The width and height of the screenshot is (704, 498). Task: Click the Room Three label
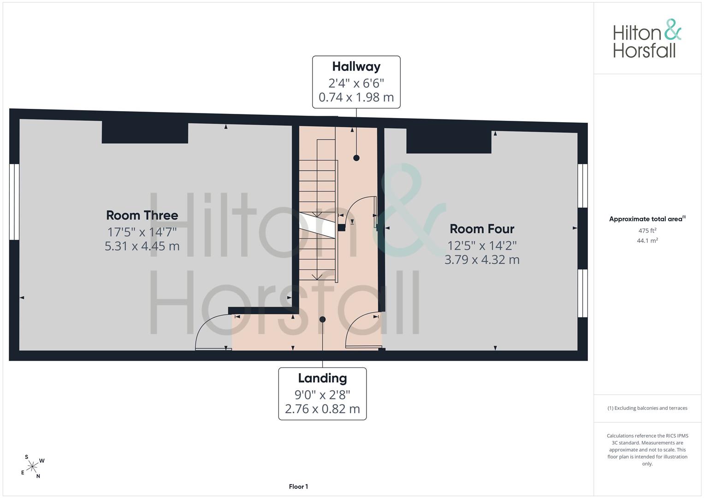(x=142, y=215)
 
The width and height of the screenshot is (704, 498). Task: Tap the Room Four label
(x=482, y=229)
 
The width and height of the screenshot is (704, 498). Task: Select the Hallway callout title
(x=356, y=67)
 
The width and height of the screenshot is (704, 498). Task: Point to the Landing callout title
(x=322, y=378)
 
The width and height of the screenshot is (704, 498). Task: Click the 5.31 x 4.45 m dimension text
(x=142, y=246)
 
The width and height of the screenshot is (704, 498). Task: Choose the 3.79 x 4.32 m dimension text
(x=482, y=260)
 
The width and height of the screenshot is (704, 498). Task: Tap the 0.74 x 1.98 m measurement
(x=356, y=97)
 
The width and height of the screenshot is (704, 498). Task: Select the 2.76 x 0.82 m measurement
(x=322, y=409)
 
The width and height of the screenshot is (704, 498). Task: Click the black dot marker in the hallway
(x=356, y=158)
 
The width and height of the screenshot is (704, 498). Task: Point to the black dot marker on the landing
(x=322, y=320)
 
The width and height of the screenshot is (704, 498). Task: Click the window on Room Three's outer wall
(x=14, y=202)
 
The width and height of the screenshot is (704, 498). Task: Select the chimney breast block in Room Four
(x=449, y=141)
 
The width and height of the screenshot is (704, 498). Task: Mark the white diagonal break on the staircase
(x=317, y=225)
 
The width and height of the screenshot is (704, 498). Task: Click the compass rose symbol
(x=32, y=467)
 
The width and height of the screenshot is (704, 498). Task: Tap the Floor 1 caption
(x=298, y=486)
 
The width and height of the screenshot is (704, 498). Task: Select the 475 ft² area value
(x=647, y=231)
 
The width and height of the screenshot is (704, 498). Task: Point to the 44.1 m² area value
(x=647, y=241)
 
